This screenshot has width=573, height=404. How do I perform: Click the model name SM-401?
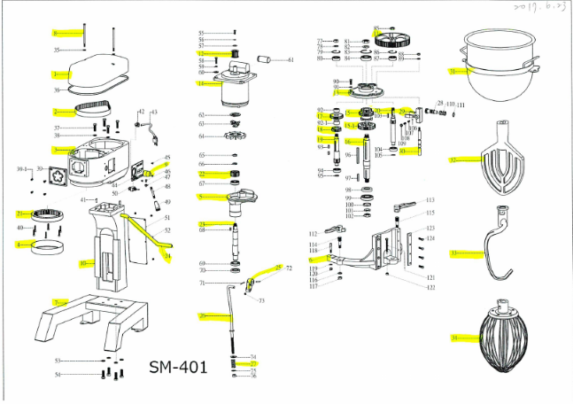177,366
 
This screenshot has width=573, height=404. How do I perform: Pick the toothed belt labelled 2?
91,111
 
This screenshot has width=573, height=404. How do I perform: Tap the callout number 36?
57,89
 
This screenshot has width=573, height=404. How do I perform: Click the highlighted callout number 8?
55,33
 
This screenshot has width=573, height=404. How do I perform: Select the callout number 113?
430,200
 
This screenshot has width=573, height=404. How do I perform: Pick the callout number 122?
430,288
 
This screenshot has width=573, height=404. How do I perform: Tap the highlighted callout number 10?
83,263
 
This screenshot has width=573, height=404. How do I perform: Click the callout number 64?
202,136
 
